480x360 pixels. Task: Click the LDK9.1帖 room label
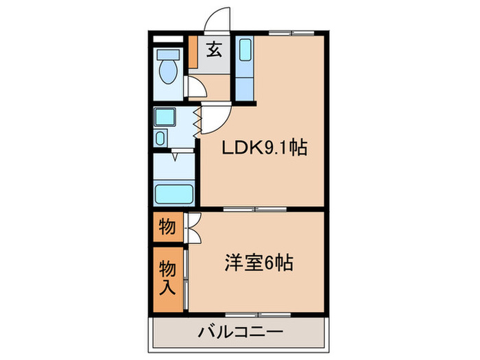click(x=263, y=147)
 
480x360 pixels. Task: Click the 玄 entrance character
click(x=215, y=49)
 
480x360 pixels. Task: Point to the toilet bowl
click(x=166, y=69)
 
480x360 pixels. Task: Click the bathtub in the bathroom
click(x=175, y=193)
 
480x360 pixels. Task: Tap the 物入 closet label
click(x=167, y=276)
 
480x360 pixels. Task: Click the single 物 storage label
click(x=167, y=226)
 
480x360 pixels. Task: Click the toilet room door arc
click(x=197, y=87)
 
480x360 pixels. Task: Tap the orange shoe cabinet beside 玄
click(x=193, y=51)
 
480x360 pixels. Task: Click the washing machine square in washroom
click(x=164, y=117)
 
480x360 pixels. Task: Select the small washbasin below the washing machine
click(x=159, y=139)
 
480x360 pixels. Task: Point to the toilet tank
click(x=167, y=54)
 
